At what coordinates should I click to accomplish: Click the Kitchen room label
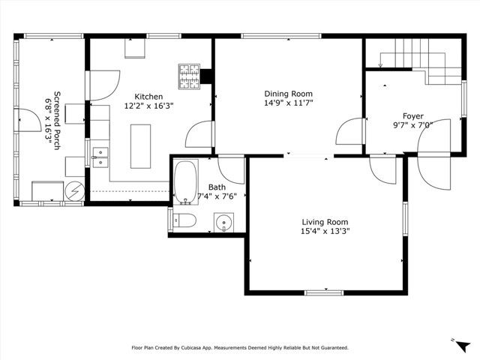[148, 97]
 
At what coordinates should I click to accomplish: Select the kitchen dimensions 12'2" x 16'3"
[148, 106]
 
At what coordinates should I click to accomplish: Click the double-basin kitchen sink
[100, 157]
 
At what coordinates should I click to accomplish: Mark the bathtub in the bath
[184, 182]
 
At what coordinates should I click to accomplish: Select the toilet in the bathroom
[184, 220]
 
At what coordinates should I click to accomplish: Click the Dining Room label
[288, 94]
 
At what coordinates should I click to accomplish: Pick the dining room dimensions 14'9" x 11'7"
[288, 103]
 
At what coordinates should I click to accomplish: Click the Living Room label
[325, 222]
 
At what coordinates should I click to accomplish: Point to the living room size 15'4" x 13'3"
[325, 232]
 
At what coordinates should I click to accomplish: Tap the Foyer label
[412, 116]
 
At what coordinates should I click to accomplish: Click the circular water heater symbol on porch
[75, 192]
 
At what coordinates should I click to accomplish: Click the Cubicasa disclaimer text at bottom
[240, 348]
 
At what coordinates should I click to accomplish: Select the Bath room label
[217, 187]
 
